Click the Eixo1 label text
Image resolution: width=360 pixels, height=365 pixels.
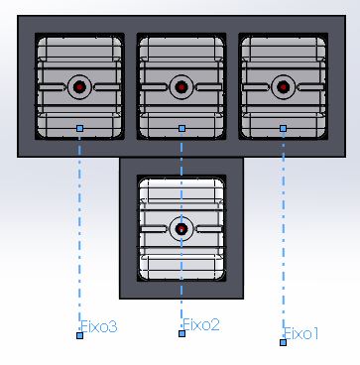(301, 333)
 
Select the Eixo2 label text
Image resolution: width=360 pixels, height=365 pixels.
(201, 324)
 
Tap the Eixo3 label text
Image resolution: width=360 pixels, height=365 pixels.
(99, 326)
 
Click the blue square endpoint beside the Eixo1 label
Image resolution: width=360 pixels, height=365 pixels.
(283, 342)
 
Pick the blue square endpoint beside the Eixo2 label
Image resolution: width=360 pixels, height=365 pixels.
(181, 333)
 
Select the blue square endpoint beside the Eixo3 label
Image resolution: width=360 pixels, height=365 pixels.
(79, 335)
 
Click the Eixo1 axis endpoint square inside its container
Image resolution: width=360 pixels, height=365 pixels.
(283, 128)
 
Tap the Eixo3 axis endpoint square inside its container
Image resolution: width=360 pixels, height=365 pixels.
(79, 128)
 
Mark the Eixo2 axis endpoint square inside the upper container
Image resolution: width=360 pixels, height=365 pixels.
(181, 128)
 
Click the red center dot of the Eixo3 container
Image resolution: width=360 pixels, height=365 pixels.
(79, 87)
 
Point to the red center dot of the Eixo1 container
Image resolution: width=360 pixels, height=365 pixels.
(283, 87)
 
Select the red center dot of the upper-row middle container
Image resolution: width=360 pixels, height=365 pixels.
(180, 87)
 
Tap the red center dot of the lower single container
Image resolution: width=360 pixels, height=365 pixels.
(180, 228)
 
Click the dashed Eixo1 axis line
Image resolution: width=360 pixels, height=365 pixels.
(283, 235)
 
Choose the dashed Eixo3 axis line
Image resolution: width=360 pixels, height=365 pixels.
(79, 232)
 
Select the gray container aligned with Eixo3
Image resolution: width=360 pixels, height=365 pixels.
(79, 86)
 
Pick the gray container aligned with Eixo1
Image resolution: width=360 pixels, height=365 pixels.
(283, 86)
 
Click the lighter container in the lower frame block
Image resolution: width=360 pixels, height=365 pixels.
(181, 228)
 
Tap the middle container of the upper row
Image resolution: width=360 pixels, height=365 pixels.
(181, 86)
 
